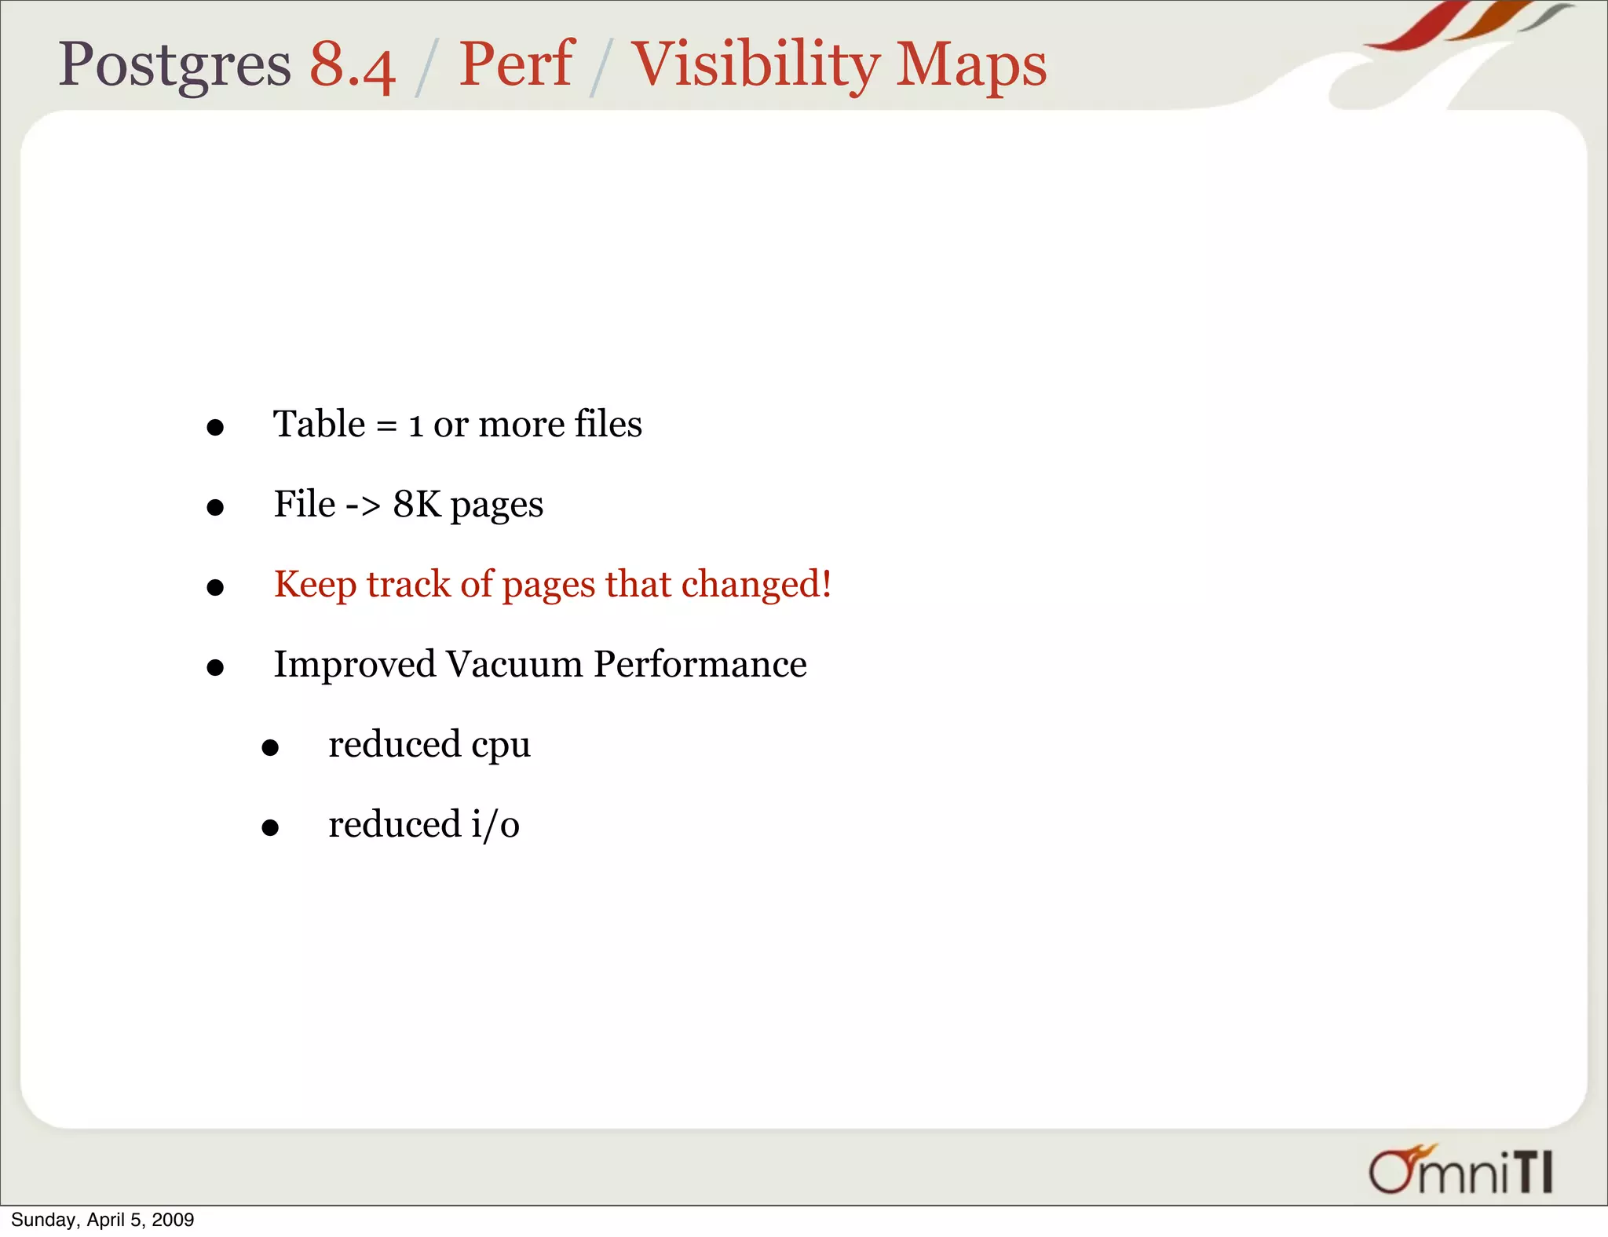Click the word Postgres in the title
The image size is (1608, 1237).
(x=174, y=64)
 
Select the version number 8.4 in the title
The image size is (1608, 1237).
(x=352, y=64)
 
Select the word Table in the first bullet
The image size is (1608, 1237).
(x=319, y=425)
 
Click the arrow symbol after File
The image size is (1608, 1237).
(x=364, y=505)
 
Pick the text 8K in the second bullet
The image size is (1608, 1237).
(x=417, y=505)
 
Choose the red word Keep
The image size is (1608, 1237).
(x=314, y=586)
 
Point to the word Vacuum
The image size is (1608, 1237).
(x=514, y=665)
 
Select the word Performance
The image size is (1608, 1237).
(x=700, y=665)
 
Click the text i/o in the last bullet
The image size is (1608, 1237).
(x=495, y=825)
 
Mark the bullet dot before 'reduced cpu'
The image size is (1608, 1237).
(x=270, y=748)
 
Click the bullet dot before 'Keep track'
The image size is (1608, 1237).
(x=215, y=588)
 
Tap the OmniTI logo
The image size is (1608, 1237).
(x=1460, y=1170)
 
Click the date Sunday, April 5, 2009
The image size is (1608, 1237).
(x=102, y=1220)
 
